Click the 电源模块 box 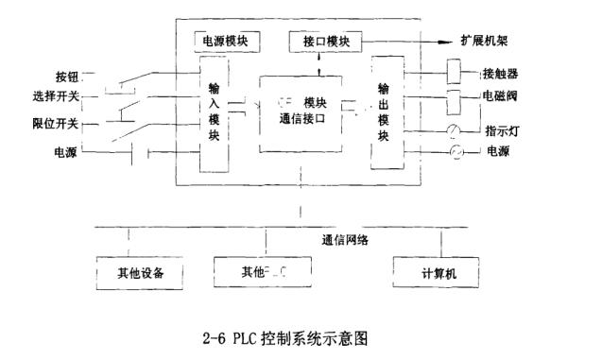[x=221, y=42]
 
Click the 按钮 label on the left [x=69, y=76]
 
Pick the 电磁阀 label [x=500, y=98]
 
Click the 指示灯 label [x=500, y=131]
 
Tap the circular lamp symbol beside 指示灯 [x=456, y=131]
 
